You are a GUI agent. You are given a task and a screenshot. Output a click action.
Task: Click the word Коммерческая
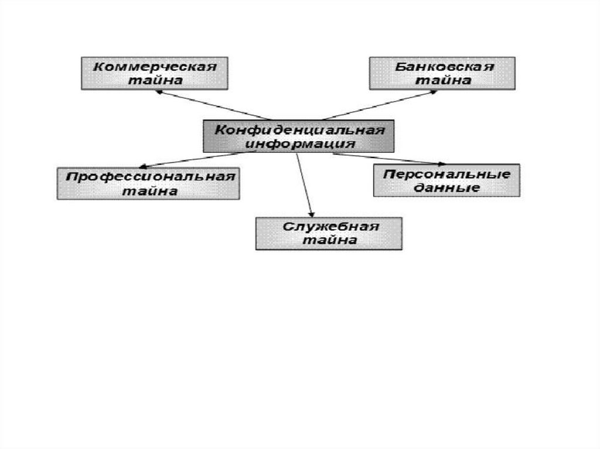(x=155, y=66)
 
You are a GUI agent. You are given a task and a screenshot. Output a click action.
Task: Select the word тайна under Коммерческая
(x=155, y=80)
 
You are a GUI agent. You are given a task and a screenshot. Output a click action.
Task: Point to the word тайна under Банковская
(x=444, y=80)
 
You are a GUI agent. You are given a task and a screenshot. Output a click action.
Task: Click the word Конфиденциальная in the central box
(x=299, y=130)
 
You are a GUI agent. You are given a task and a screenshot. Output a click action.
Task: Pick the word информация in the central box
(x=299, y=143)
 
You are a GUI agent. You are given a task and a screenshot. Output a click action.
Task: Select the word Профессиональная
(x=149, y=177)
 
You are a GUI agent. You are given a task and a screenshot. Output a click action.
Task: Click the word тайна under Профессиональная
(x=149, y=191)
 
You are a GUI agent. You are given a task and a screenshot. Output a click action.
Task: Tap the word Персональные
(x=447, y=174)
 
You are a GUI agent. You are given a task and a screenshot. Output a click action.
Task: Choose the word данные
(x=447, y=188)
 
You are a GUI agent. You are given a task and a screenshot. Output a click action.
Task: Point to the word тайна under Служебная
(x=330, y=240)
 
